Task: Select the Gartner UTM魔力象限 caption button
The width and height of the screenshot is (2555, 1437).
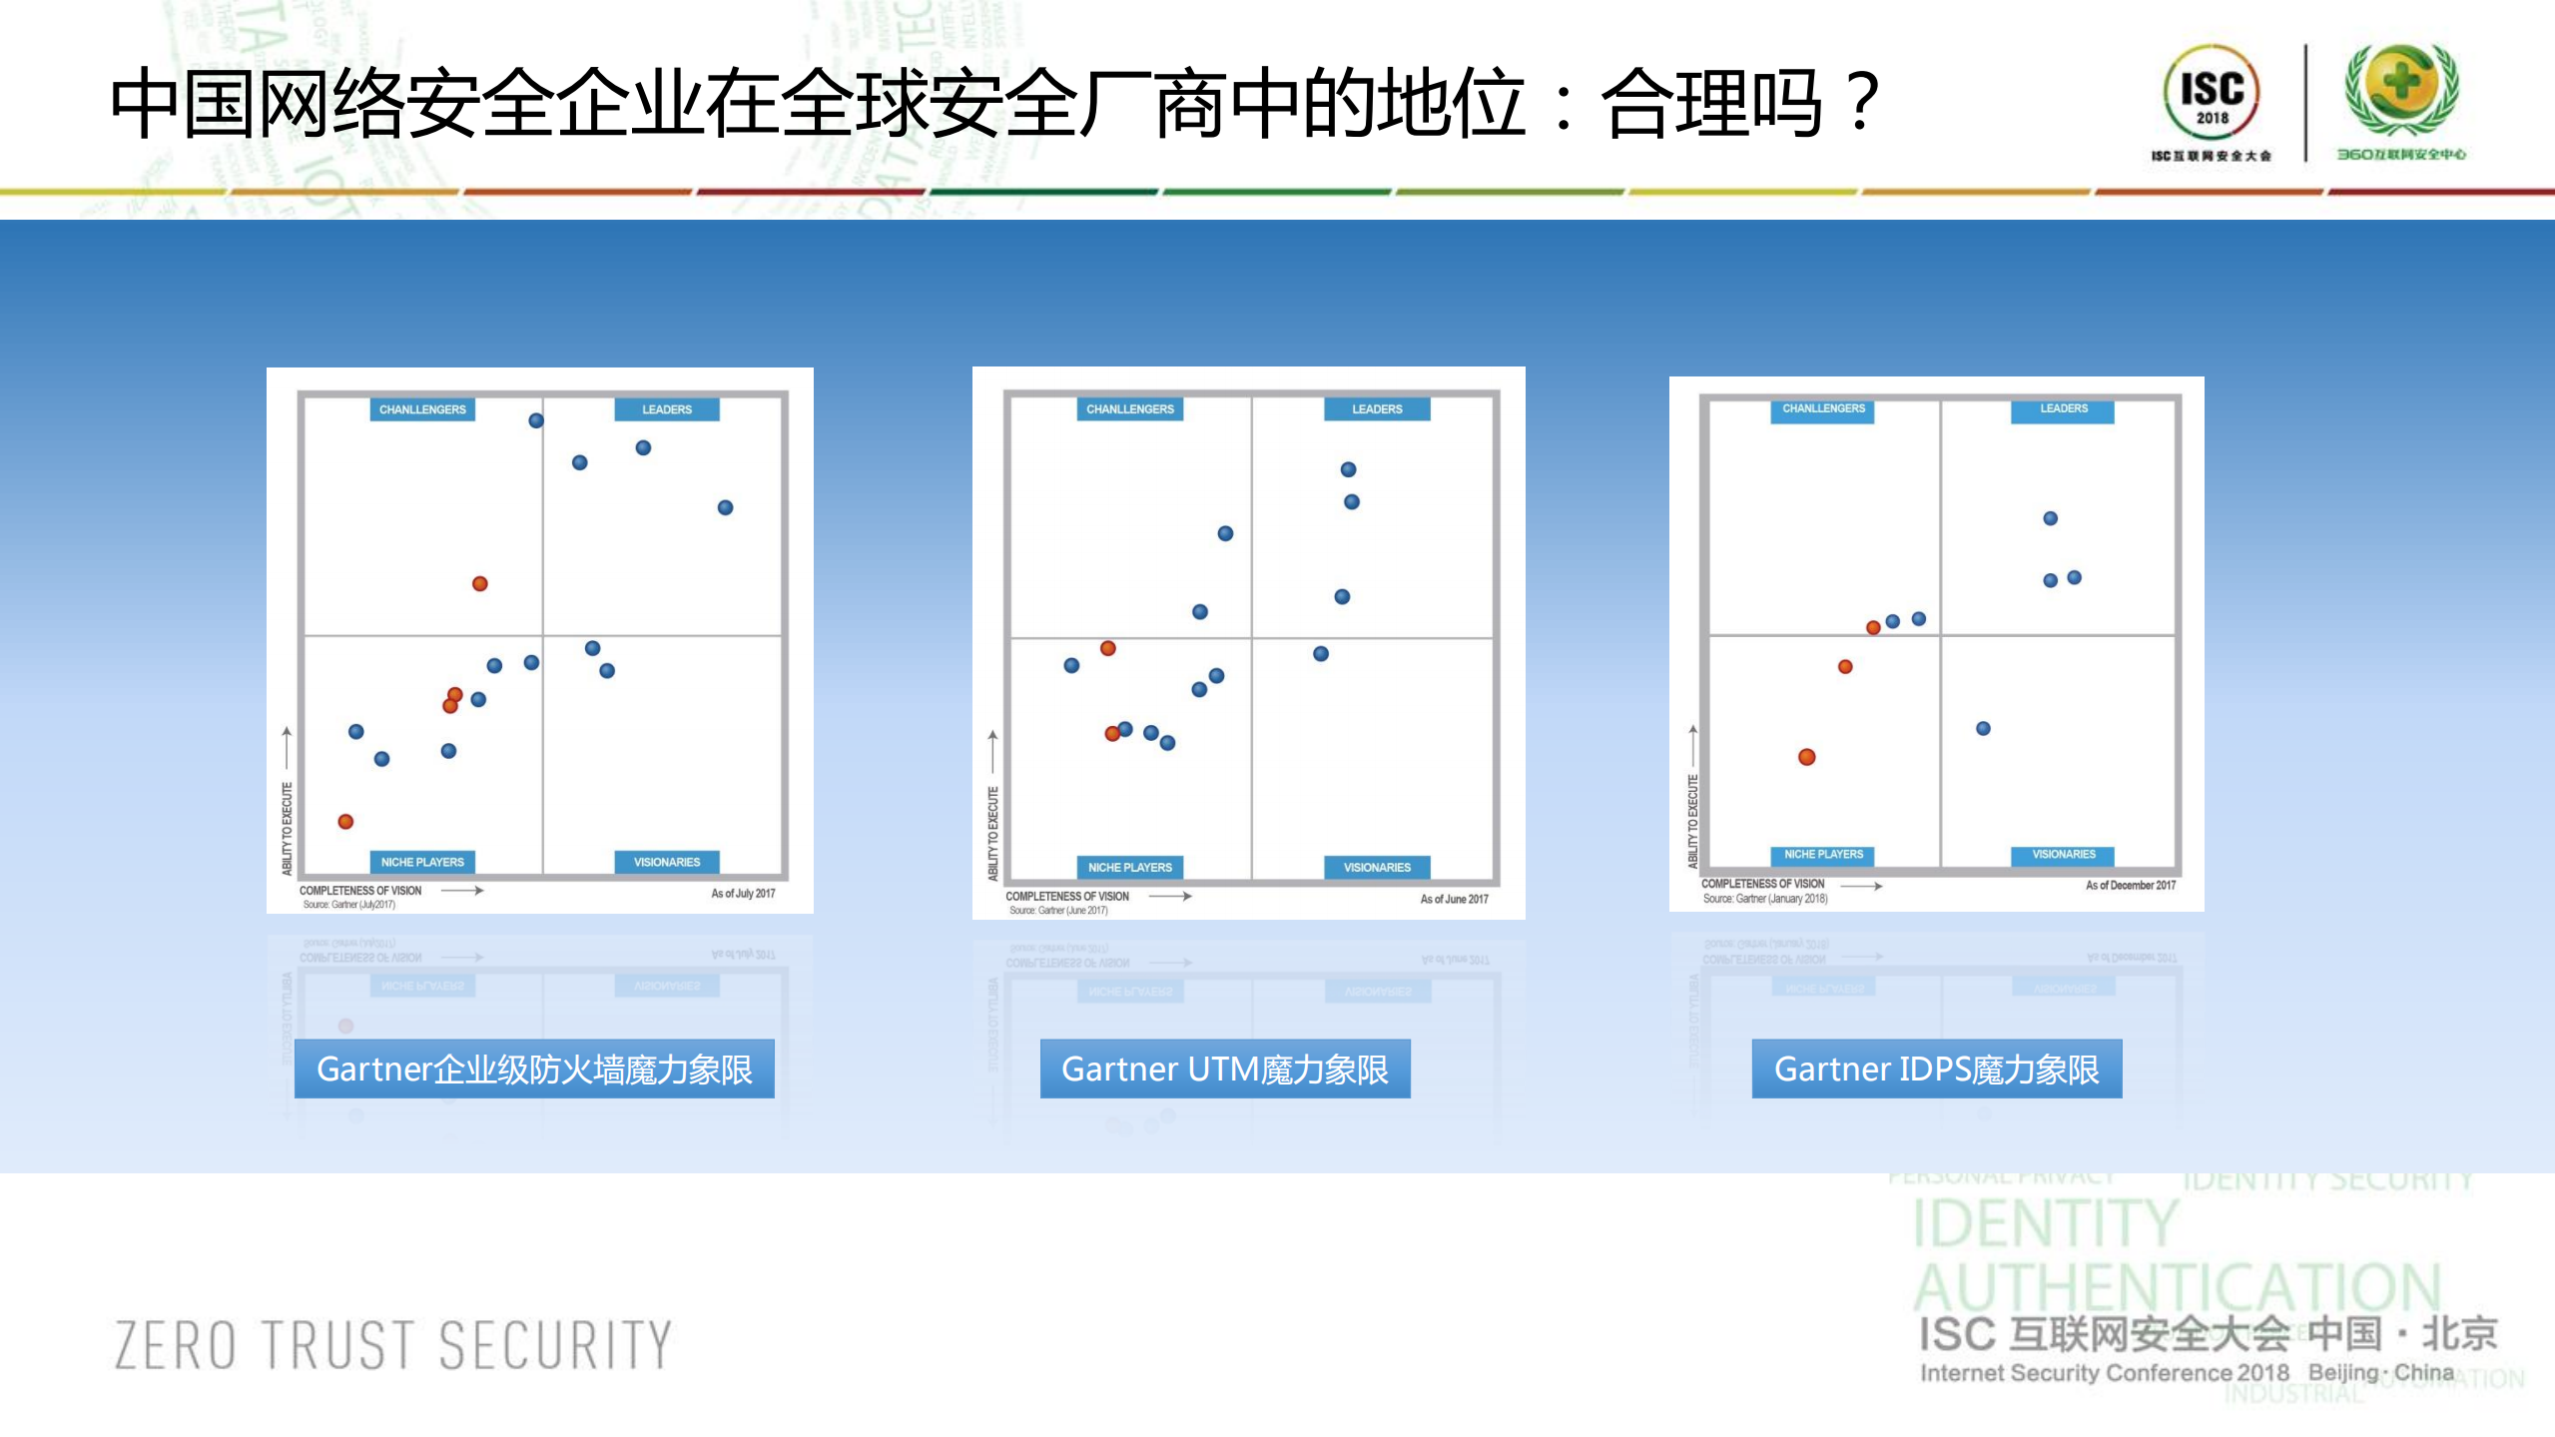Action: [x=1224, y=1069]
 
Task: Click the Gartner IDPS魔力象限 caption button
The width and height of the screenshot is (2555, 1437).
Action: [x=1936, y=1069]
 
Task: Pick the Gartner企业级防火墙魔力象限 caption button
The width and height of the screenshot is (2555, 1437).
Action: [x=534, y=1069]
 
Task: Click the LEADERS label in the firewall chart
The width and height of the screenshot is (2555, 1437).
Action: [x=666, y=409]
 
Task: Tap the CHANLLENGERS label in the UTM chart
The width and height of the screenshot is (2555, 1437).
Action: [x=1129, y=409]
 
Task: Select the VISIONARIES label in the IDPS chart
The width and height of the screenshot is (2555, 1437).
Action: [x=2063, y=854]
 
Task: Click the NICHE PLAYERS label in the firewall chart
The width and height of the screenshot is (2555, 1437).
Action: [x=422, y=862]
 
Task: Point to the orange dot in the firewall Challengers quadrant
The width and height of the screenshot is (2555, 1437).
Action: [x=480, y=583]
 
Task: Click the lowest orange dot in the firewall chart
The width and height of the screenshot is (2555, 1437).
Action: [x=345, y=821]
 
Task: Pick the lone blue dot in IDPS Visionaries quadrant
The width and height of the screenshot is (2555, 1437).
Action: [x=1983, y=728]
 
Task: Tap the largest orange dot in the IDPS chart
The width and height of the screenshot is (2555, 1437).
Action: [x=1806, y=757]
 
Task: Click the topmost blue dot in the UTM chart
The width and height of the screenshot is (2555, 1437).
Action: [x=1348, y=469]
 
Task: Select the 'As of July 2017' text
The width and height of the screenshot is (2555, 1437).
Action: [x=743, y=894]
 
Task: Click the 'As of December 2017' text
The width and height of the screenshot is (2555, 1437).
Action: [x=2130, y=885]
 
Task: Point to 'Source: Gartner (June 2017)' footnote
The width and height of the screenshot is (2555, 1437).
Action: [x=1057, y=911]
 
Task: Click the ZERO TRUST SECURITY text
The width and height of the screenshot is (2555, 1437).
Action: [x=393, y=1344]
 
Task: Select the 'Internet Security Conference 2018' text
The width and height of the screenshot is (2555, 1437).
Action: [x=2104, y=1373]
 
